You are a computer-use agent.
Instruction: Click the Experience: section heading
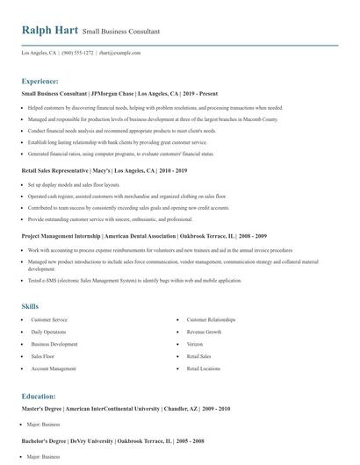[x=40, y=81]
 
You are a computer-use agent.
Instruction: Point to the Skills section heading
[x=30, y=306]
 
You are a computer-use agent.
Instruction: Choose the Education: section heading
[x=39, y=396]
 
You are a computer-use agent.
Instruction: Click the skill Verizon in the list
[x=196, y=345]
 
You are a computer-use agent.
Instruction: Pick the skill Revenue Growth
[x=204, y=333]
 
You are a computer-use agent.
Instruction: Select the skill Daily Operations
[x=48, y=333]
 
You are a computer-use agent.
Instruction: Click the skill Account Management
[x=53, y=369]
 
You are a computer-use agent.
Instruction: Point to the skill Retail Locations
[x=204, y=369]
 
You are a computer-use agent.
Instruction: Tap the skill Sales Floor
[x=43, y=357]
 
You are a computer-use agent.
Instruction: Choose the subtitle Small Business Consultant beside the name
[x=121, y=31]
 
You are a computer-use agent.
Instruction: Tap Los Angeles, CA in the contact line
[x=39, y=53]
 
